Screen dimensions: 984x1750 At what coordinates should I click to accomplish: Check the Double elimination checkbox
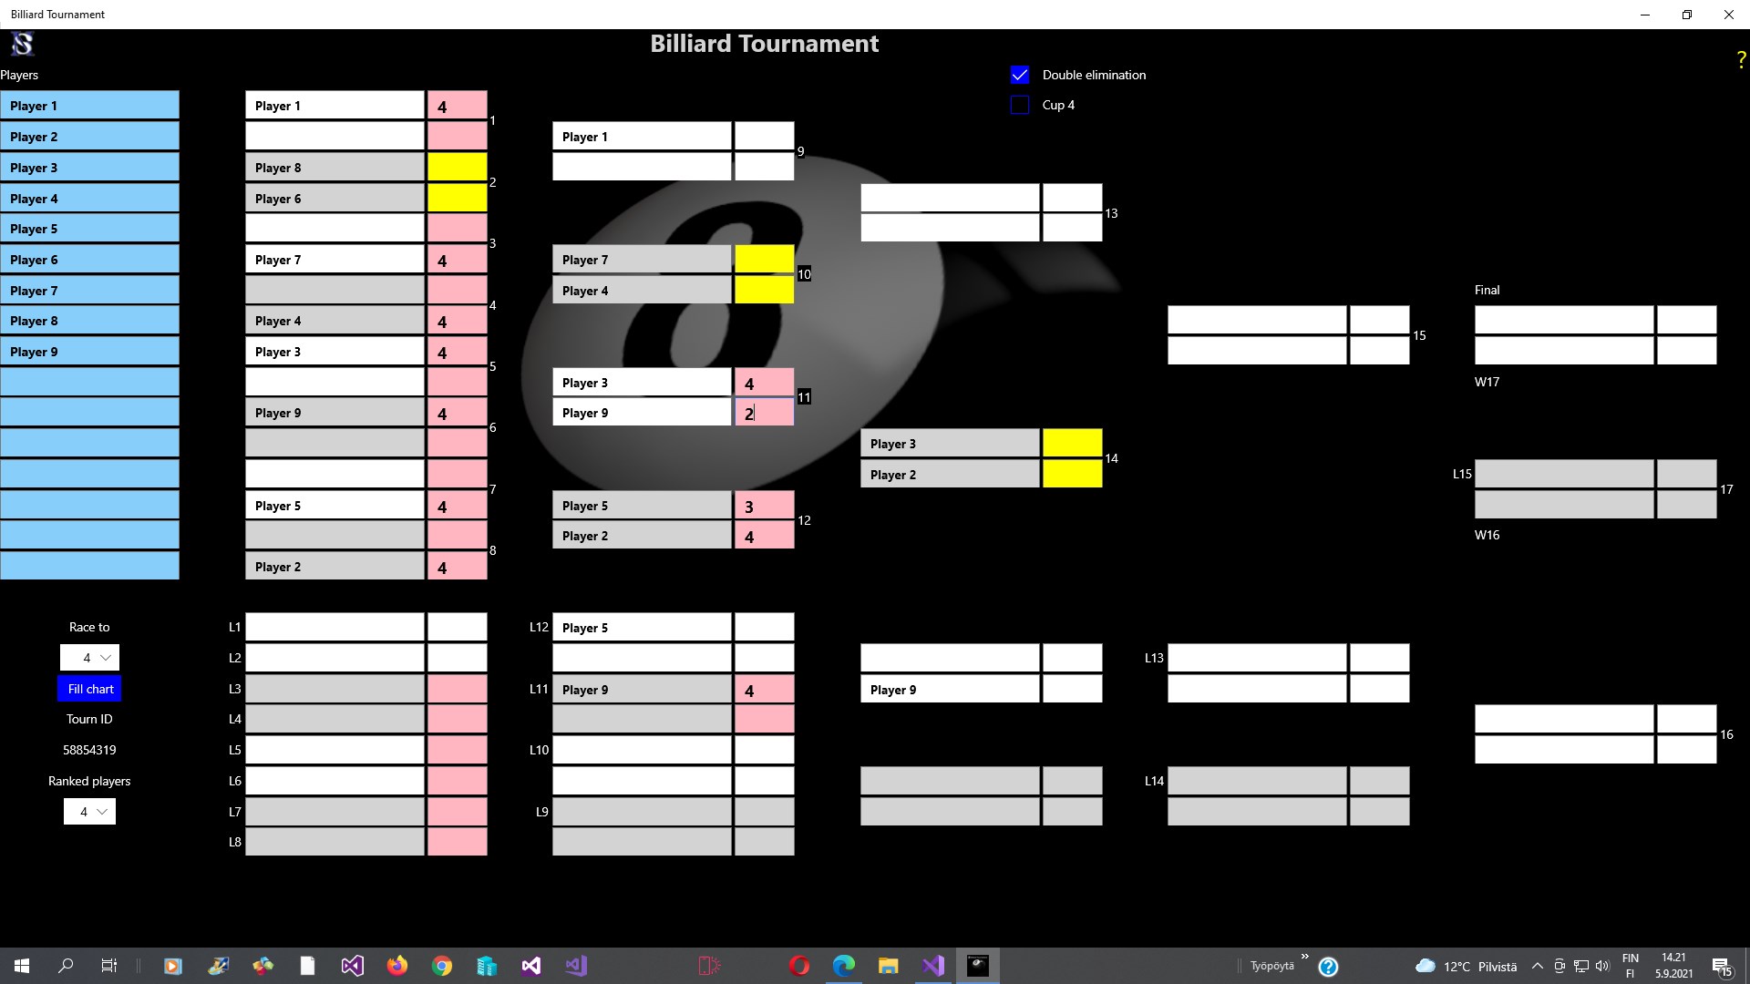[x=1020, y=75]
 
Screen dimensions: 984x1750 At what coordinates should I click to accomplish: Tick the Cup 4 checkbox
[x=1020, y=105]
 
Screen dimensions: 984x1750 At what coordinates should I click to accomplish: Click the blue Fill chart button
[x=89, y=689]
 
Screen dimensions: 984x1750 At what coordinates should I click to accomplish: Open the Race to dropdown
[x=89, y=658]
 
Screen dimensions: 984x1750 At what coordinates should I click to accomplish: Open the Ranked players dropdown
[x=89, y=812]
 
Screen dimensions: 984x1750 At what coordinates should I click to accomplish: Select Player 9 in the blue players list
[x=89, y=352]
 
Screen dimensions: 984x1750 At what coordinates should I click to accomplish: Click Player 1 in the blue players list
[x=89, y=106]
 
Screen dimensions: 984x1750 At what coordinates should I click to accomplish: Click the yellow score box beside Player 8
[x=457, y=168]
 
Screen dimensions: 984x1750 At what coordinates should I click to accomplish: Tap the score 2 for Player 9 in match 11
[x=764, y=414]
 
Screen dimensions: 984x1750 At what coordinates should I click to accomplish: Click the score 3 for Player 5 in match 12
[x=764, y=507]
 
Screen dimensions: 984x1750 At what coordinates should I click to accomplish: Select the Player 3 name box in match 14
[x=949, y=444]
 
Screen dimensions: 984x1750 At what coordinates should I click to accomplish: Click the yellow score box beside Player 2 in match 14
[x=1072, y=475]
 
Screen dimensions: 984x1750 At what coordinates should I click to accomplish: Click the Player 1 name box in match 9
[x=641, y=137]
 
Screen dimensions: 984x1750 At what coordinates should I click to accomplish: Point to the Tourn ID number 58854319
[x=89, y=750]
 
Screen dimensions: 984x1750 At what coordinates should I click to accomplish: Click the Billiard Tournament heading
[x=764, y=44]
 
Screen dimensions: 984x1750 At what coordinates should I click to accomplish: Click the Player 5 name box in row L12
[x=641, y=628]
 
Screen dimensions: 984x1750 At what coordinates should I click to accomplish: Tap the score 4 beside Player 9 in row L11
[x=764, y=691]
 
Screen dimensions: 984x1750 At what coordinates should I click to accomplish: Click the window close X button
[x=1728, y=15]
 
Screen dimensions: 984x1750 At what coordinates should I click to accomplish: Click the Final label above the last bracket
[x=1487, y=290]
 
